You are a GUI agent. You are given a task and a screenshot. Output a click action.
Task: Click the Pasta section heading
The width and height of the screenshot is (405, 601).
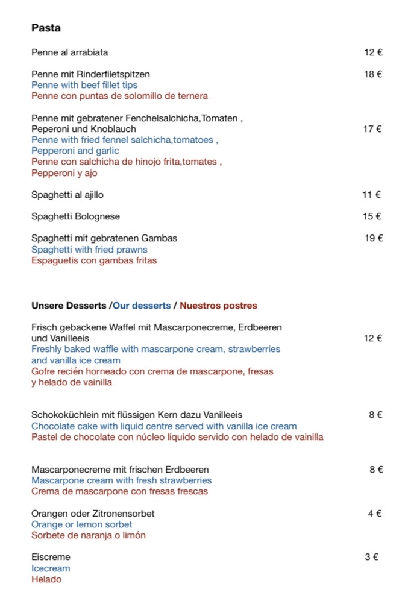[46, 28]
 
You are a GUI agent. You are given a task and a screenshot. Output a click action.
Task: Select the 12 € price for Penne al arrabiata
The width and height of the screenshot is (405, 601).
[373, 52]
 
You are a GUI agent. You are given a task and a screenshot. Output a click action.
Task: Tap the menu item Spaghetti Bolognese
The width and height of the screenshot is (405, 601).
[75, 216]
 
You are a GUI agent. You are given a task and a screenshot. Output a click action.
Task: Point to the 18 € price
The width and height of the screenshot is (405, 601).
[373, 74]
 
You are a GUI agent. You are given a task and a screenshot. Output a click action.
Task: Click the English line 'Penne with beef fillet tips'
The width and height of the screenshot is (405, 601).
[84, 85]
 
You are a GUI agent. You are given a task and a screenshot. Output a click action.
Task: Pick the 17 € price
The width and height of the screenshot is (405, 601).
[373, 129]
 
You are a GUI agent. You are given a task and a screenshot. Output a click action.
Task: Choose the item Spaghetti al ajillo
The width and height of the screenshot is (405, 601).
[71, 195]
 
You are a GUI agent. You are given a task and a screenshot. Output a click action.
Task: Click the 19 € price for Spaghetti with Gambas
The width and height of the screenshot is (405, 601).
[374, 238]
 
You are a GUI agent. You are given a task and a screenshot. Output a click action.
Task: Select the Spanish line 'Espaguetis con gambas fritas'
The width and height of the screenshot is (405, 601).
[94, 260]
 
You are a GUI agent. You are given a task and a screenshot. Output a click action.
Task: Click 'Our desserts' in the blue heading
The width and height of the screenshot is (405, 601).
[142, 306]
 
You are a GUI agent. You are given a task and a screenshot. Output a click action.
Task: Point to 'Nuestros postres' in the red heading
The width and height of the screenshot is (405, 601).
[218, 306]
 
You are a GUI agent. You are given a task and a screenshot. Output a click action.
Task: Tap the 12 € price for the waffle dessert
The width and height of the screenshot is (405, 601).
[373, 338]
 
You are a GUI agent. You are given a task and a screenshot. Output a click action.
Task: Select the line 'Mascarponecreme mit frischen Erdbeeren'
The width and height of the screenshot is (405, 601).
[120, 470]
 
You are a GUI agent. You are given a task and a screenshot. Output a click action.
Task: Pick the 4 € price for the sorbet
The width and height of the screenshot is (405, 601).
[375, 514]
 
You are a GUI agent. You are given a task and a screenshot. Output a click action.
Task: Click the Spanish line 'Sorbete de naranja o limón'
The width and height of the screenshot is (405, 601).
[89, 535]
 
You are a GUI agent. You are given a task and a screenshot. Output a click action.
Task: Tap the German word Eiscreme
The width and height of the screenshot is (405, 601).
[51, 557]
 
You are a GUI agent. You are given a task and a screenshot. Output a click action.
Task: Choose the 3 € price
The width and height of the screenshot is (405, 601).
[371, 557]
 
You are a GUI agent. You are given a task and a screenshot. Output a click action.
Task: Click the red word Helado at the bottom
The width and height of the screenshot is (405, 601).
[46, 579]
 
